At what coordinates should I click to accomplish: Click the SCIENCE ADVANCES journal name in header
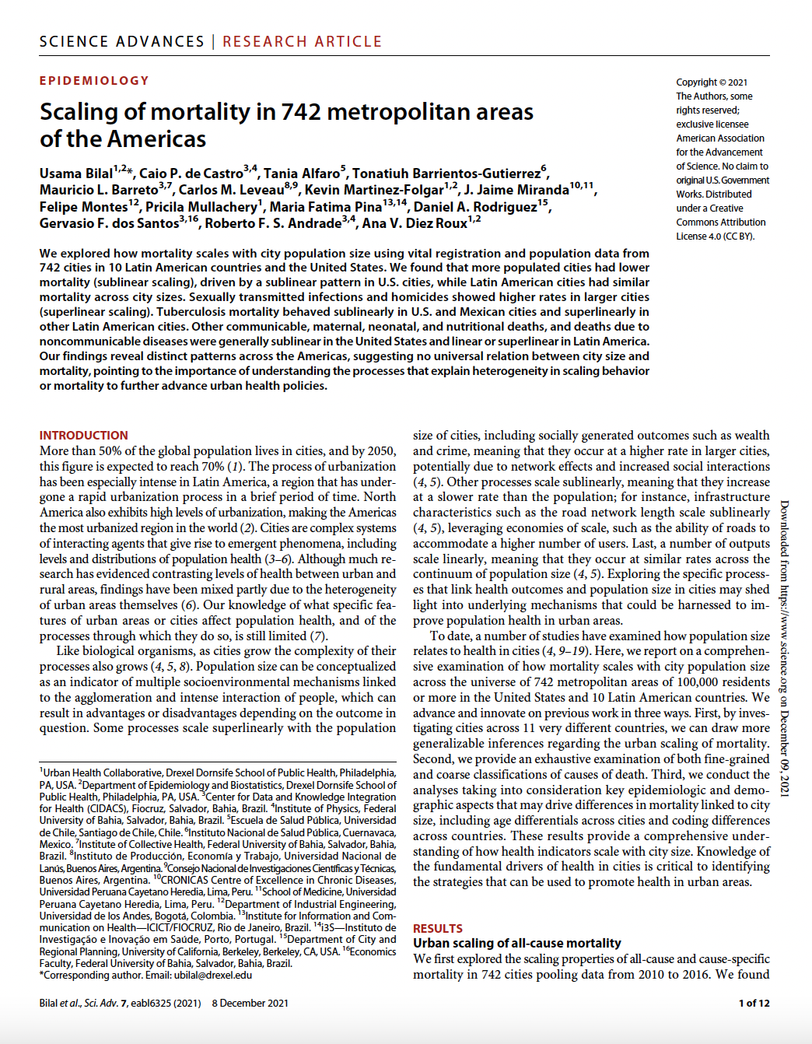click(121, 41)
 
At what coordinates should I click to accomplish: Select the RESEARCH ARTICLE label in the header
click(302, 41)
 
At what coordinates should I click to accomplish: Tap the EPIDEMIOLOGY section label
click(94, 81)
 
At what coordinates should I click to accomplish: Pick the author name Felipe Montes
click(83, 207)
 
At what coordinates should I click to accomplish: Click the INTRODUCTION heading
click(83, 436)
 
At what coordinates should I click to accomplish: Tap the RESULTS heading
click(437, 929)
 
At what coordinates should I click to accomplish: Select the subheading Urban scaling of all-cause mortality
click(516, 944)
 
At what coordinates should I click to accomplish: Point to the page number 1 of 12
click(754, 1004)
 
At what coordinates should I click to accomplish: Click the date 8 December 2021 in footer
click(250, 1004)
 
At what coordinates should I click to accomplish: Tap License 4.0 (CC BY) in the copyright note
click(715, 236)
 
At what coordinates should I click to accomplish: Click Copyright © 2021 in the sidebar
click(711, 82)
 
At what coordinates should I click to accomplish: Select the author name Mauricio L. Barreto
click(99, 191)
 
